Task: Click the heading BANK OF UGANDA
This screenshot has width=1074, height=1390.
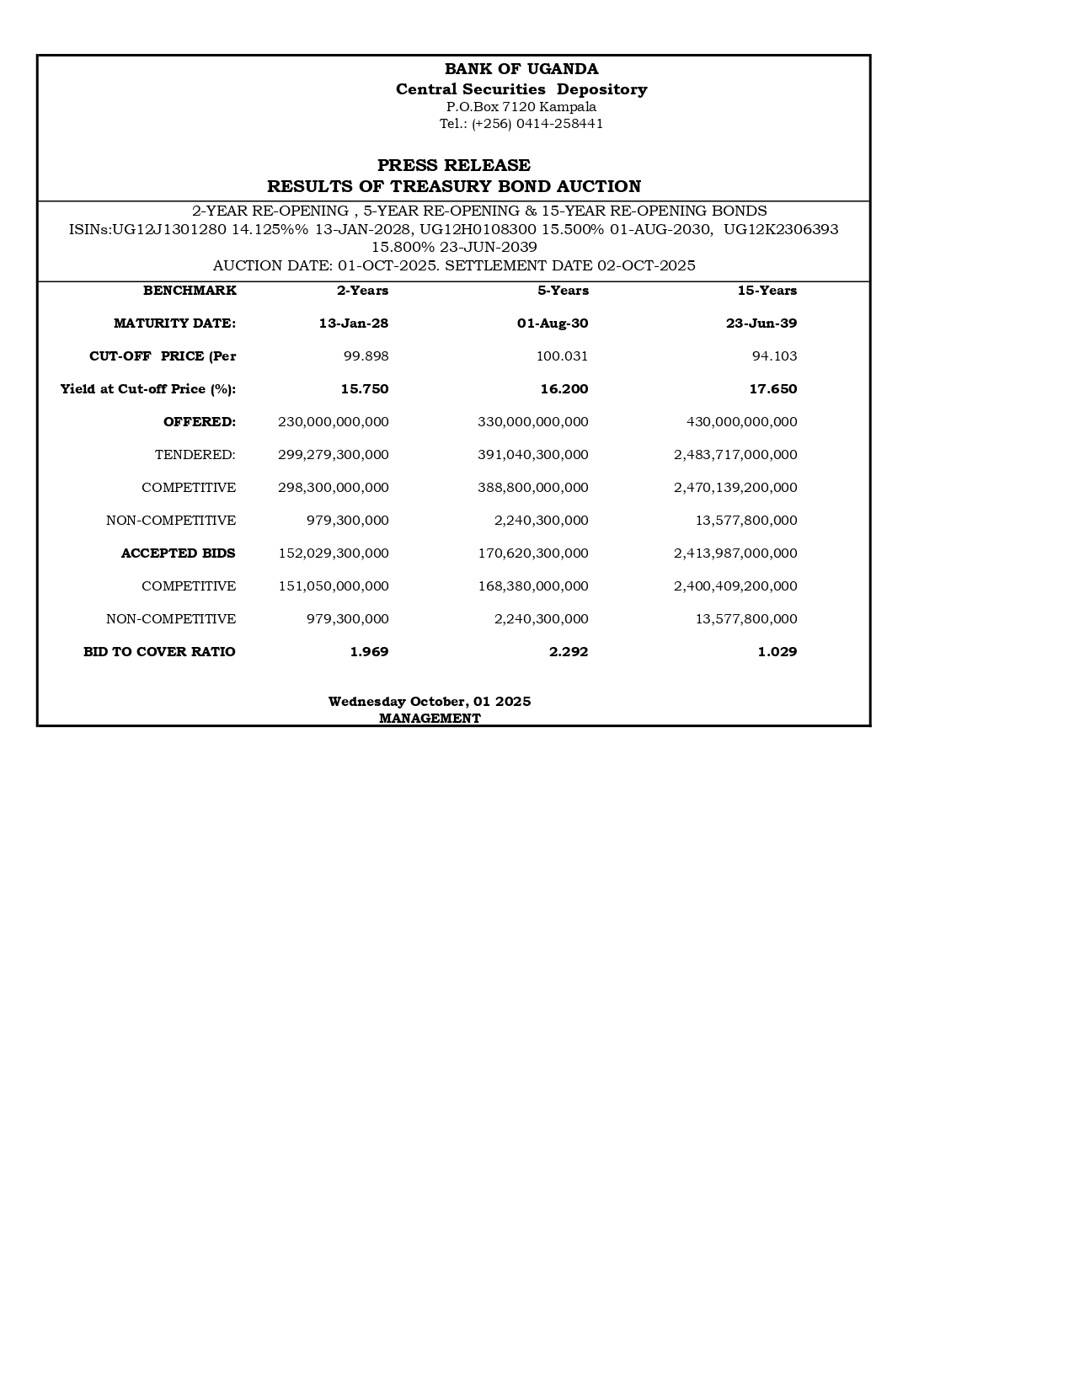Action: pos(521,69)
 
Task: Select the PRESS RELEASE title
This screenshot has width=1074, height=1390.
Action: pos(453,165)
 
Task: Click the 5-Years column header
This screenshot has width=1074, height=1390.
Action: pos(563,291)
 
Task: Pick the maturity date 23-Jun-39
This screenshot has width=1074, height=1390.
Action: pos(761,323)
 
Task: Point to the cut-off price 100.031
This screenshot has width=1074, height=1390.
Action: pos(562,356)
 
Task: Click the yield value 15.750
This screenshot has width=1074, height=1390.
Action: pos(364,389)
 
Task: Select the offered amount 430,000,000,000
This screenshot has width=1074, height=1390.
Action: pos(741,422)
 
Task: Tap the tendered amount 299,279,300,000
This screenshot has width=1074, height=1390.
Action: pos(333,455)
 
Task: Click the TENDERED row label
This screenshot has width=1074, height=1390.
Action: pos(195,455)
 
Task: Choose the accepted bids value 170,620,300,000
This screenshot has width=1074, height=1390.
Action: pos(532,553)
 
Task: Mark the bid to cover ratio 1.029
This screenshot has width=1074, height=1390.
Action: pos(777,652)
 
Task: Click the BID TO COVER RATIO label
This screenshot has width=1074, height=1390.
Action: pos(159,652)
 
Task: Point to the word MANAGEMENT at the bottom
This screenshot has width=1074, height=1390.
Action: pos(430,719)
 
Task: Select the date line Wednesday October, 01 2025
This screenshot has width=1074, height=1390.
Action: pos(430,702)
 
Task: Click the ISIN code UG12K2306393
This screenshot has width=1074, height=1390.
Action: pos(781,229)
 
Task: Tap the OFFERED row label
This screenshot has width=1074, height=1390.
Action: pos(200,422)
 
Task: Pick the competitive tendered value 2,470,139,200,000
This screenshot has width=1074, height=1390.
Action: pos(735,488)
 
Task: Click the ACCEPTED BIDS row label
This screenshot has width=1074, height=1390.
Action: pos(178,553)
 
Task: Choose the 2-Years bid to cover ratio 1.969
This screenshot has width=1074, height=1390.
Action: pos(369,652)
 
